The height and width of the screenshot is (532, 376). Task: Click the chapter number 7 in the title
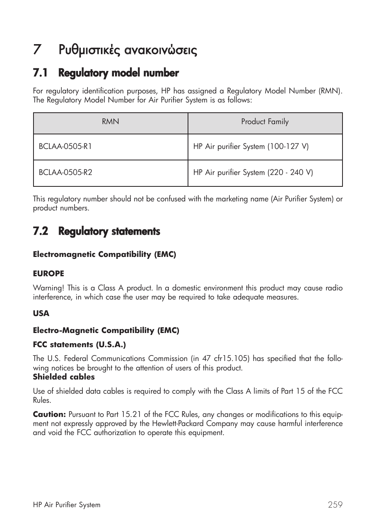[x=37, y=50]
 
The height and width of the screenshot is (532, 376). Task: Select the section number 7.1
[x=41, y=73]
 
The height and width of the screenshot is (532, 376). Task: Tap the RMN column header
[x=110, y=122]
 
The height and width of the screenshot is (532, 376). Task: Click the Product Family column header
[x=265, y=122]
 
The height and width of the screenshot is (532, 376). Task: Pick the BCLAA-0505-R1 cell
[x=65, y=147]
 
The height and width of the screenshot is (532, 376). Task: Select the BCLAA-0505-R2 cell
[x=65, y=173]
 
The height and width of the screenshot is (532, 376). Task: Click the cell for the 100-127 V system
[x=251, y=147]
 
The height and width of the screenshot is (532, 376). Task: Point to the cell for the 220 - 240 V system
[x=253, y=173]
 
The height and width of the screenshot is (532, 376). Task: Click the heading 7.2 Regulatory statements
[x=97, y=231]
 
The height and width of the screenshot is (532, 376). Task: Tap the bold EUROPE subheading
[x=48, y=273]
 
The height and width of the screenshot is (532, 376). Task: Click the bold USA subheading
[x=41, y=314]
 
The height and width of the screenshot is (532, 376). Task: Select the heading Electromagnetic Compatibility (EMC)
[x=104, y=255]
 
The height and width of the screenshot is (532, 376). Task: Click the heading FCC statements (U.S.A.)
[x=79, y=345]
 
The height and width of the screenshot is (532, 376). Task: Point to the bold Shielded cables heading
[x=64, y=377]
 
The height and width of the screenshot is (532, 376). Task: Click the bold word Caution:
[x=49, y=415]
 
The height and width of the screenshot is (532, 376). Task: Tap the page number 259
[x=335, y=505]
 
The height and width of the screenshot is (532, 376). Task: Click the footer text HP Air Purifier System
[x=67, y=505]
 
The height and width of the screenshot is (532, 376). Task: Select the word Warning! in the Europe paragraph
[x=48, y=288]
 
